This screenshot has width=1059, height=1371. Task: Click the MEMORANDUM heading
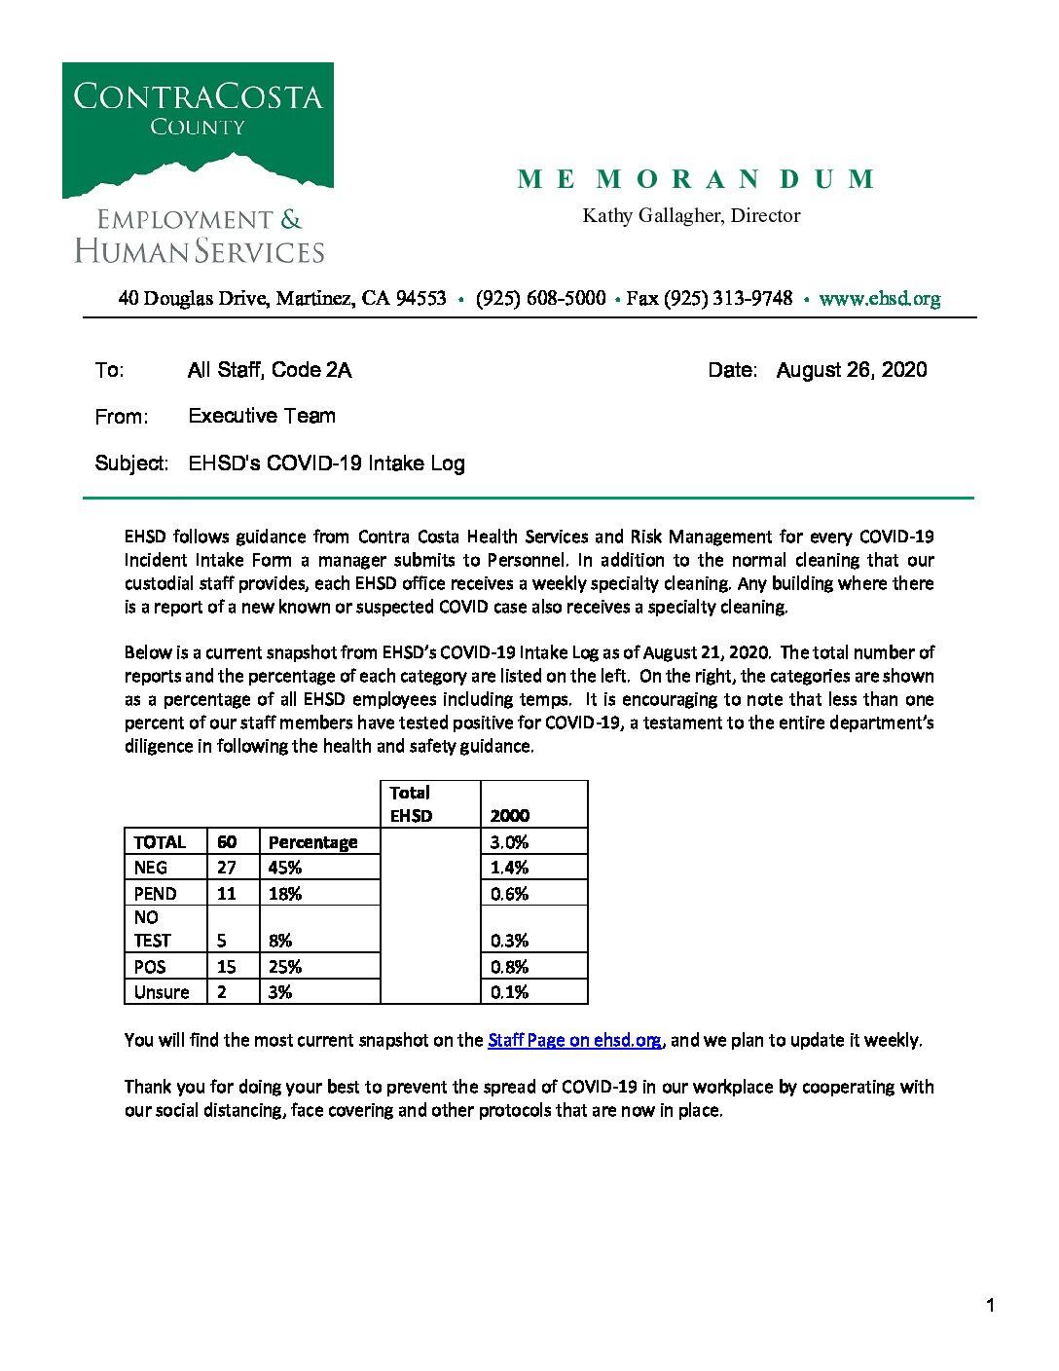[x=696, y=180]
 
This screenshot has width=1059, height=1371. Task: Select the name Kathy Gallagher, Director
[x=691, y=216]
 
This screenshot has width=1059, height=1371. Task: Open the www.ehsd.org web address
[x=879, y=299]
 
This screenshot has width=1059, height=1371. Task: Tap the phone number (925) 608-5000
[x=540, y=299]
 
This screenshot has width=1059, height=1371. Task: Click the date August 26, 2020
[x=851, y=370]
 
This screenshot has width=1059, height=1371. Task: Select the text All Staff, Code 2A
[x=270, y=370]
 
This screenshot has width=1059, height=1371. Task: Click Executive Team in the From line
[x=262, y=416]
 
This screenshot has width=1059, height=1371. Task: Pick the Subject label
[x=131, y=463]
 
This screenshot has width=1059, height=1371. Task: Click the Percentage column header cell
[x=312, y=842]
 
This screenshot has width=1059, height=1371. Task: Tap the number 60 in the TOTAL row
[x=227, y=842]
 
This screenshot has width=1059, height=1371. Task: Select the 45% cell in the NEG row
[x=285, y=868]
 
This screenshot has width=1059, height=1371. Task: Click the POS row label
[x=150, y=967]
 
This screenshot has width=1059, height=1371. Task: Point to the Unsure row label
[x=162, y=992]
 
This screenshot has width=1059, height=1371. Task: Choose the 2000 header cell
[x=510, y=816]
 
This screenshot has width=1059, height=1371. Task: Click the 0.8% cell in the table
[x=510, y=967]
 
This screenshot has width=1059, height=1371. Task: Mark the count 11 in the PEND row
[x=227, y=894]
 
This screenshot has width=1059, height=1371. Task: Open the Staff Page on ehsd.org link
[x=574, y=1040]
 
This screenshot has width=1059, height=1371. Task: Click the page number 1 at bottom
[x=990, y=1306]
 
